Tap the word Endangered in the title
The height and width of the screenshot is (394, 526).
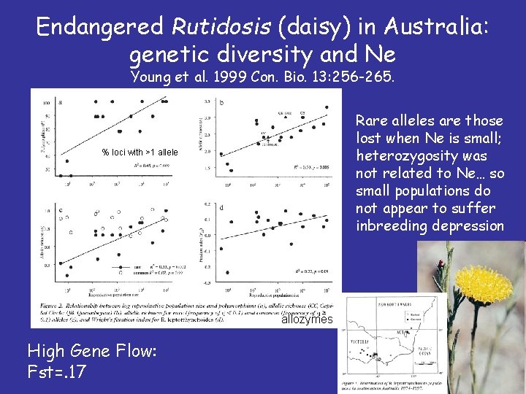(x=100, y=28)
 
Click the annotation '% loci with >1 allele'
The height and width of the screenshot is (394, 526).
(x=140, y=152)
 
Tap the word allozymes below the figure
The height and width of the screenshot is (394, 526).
(x=307, y=320)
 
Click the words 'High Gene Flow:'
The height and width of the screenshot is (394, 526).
(x=91, y=351)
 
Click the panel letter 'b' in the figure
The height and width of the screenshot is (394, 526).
(x=221, y=103)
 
